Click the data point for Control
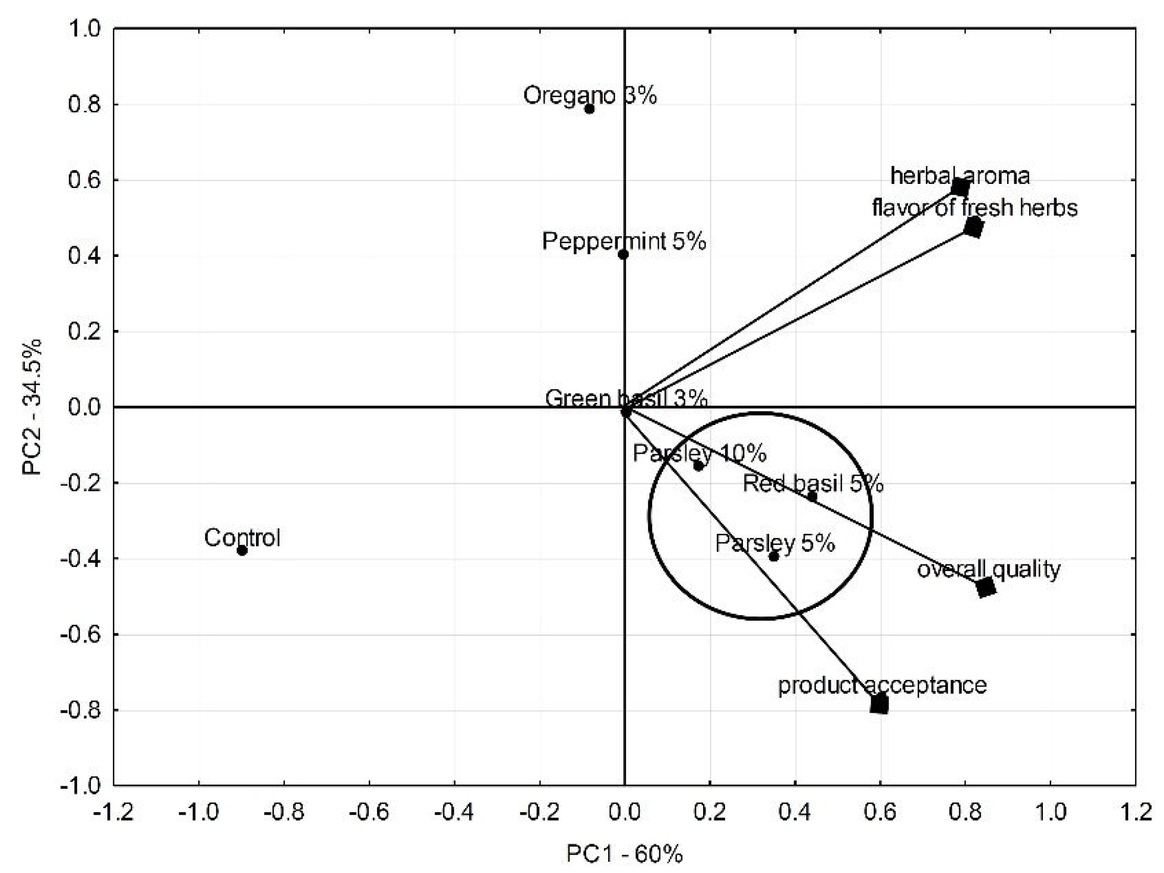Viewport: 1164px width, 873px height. point(242,551)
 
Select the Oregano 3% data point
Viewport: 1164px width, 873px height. point(589,109)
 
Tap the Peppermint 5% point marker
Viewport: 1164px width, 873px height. point(623,255)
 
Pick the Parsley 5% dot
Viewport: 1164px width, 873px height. point(774,556)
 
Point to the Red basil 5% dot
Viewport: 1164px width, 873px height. point(812,496)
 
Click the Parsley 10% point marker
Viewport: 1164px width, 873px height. point(699,466)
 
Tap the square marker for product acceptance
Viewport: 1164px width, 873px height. point(879,703)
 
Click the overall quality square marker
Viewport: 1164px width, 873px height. point(986,587)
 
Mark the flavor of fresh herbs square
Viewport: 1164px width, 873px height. point(974,228)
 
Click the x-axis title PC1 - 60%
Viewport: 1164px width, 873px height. point(624,854)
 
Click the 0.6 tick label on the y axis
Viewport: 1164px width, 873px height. point(84,180)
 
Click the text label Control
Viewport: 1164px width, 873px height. point(242,537)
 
